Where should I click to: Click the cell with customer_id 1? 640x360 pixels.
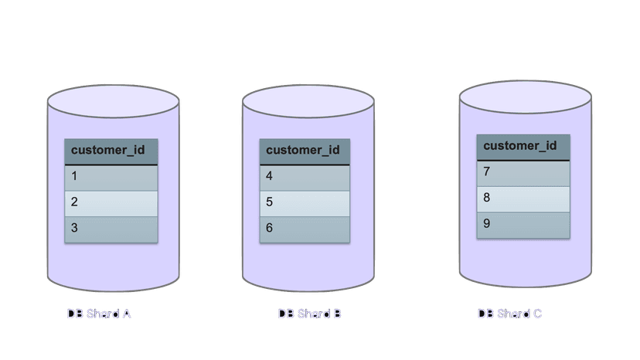point(111,178)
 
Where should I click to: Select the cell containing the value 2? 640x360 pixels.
point(111,204)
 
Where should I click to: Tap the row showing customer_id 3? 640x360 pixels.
point(111,229)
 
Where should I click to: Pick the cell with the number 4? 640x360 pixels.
point(305,178)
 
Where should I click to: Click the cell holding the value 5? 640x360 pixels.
point(305,204)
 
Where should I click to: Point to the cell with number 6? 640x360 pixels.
point(305,229)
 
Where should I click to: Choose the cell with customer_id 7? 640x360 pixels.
point(523,174)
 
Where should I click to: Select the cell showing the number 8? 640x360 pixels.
point(523,199)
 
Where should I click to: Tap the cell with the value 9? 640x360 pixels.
point(523,226)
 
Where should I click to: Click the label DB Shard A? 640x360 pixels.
point(99,314)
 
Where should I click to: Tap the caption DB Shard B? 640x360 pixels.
point(309,314)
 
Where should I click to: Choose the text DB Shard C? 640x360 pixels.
point(510,314)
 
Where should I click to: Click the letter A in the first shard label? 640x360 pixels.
point(127,314)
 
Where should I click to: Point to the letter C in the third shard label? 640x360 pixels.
point(537,314)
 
